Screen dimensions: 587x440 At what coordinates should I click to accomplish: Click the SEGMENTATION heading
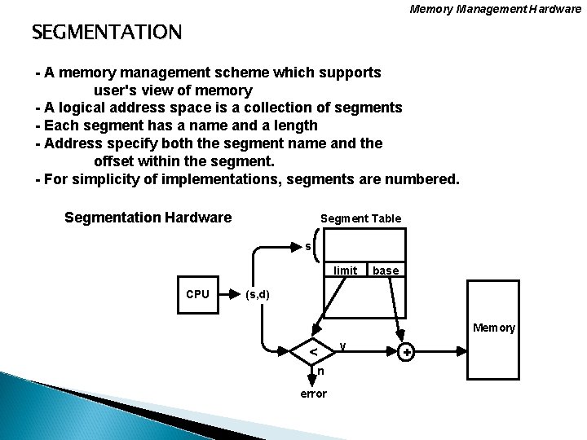click(107, 33)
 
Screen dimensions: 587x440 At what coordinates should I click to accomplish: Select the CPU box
click(198, 294)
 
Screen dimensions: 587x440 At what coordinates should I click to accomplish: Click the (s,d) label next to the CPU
click(258, 294)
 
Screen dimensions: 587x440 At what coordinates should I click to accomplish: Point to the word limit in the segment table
click(346, 270)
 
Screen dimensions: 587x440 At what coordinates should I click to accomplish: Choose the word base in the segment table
click(385, 270)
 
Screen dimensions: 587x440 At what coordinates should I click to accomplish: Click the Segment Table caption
click(360, 218)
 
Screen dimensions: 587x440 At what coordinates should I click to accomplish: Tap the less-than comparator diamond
click(314, 352)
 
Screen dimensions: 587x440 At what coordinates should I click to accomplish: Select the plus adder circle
click(405, 352)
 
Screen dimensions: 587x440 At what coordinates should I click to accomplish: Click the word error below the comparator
click(314, 394)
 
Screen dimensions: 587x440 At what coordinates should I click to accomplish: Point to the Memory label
click(495, 328)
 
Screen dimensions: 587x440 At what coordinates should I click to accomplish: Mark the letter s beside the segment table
click(307, 245)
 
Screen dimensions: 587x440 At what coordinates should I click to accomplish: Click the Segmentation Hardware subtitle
click(148, 218)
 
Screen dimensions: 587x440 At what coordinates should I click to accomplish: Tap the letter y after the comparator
click(344, 345)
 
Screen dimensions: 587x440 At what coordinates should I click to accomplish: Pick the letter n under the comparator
click(320, 372)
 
